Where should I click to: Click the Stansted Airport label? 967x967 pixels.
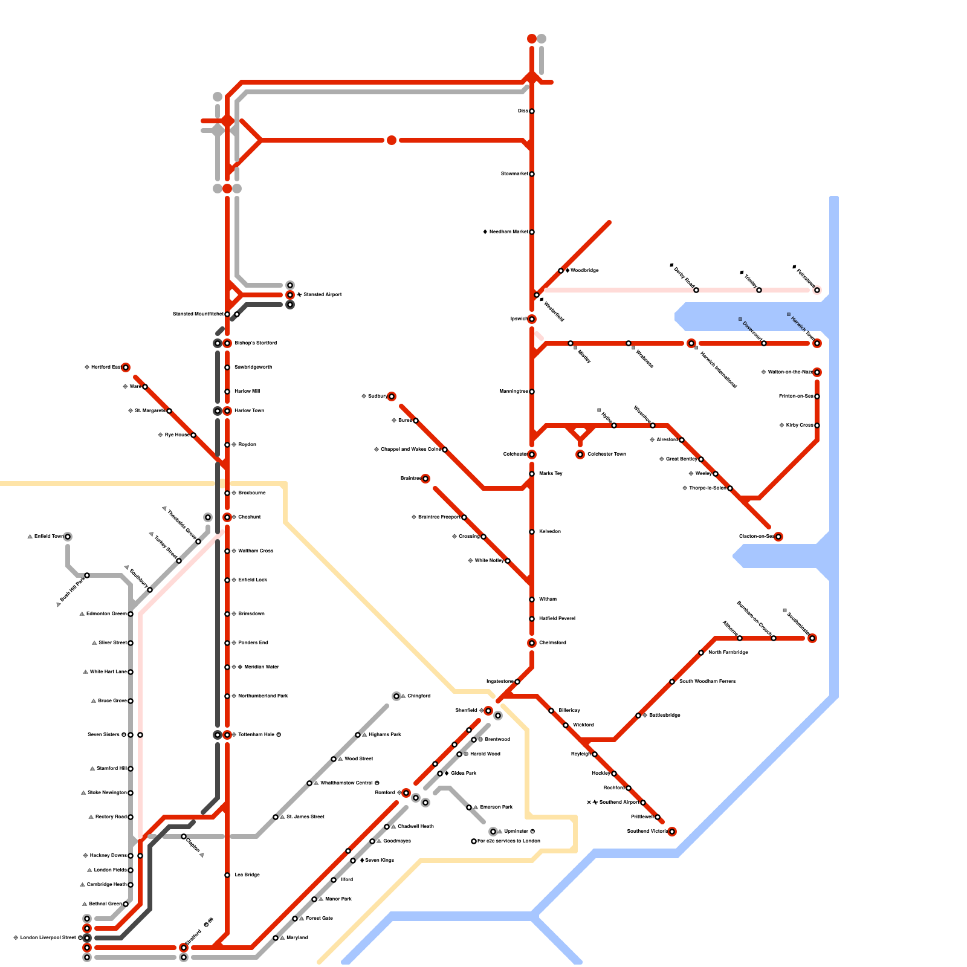coord(323,295)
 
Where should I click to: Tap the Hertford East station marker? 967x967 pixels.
coord(126,367)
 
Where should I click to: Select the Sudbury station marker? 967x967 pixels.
coord(392,396)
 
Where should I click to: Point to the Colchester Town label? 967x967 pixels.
coord(606,454)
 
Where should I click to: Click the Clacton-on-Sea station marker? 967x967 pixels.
coord(778,537)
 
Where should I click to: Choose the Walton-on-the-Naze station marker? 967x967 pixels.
coord(817,372)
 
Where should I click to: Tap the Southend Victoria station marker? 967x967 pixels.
coord(672,832)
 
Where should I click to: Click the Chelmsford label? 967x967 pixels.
coord(552,643)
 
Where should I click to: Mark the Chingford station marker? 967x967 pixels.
coord(396,696)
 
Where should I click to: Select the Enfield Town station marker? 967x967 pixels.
coord(68,537)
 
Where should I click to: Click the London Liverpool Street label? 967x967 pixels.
coord(48,938)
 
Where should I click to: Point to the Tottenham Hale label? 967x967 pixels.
coord(257,735)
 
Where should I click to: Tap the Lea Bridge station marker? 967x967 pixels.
coord(227,875)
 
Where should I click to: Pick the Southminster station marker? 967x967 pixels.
coord(812,638)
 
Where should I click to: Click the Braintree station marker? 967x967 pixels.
coord(425,479)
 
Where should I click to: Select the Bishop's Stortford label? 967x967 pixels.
coord(256,343)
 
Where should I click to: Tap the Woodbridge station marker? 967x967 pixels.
coord(561,271)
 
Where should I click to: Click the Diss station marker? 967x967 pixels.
coord(532,111)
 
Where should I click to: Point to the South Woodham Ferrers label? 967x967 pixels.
coord(707,682)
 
